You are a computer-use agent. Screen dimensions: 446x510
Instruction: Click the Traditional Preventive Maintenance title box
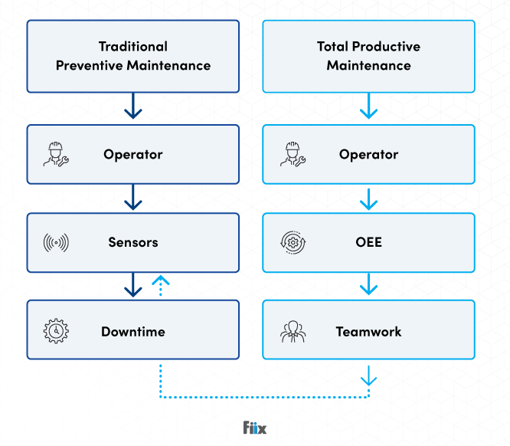[x=132, y=56]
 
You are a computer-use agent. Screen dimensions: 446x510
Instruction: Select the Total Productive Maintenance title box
[x=368, y=56]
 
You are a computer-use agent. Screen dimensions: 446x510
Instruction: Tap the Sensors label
[x=133, y=242]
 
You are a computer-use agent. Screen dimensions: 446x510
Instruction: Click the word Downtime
[x=133, y=332]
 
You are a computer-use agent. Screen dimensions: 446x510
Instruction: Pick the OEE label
[x=368, y=242]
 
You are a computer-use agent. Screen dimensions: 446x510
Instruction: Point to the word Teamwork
[x=368, y=332]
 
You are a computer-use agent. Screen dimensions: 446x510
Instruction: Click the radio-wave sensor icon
[x=56, y=243]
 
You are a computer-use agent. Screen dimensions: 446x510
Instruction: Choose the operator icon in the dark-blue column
[x=56, y=155]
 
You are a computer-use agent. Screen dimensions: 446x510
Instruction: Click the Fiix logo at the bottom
[x=254, y=428]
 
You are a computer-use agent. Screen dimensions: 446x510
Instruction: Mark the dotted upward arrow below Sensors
[x=160, y=285]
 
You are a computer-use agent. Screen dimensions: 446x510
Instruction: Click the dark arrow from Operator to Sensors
[x=133, y=198]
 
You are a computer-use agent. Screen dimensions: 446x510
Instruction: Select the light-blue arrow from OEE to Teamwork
[x=368, y=285]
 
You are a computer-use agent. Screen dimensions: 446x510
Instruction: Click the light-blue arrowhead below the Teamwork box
[x=368, y=377]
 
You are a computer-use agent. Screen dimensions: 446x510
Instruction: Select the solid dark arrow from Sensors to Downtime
[x=133, y=285]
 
